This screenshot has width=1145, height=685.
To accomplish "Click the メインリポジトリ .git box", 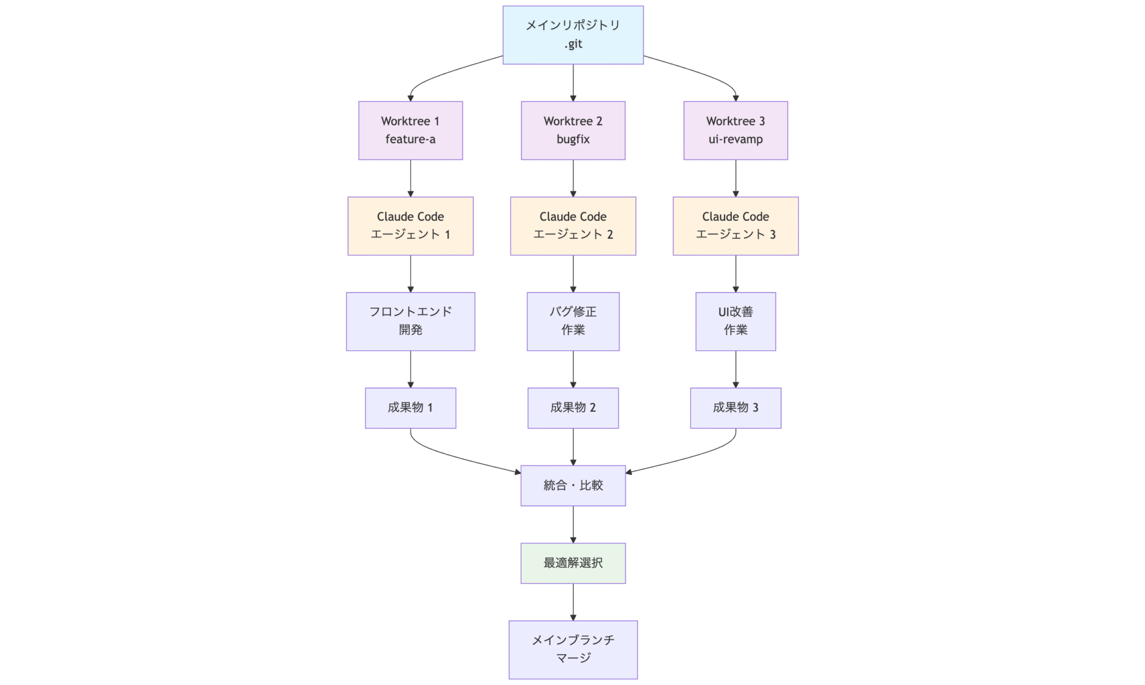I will pos(573,35).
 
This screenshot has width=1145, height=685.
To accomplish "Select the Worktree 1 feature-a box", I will pos(410,130).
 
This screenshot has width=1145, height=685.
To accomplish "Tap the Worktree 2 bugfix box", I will pos(573,130).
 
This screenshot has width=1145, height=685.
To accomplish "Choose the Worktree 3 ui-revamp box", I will pos(735,130).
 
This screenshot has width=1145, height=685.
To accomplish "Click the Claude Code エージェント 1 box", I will pos(410,226).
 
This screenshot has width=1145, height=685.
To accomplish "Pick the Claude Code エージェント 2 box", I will pos(573,226).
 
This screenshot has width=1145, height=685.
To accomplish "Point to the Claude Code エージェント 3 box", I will pos(735,226).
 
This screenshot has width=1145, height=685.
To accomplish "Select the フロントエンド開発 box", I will pos(410,321).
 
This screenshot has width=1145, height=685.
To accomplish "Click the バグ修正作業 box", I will pos(573,321).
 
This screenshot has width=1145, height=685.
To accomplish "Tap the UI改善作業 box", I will pos(735,321).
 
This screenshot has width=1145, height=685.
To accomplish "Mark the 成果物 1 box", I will pos(410,408).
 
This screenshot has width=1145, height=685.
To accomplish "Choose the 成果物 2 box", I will pos(573,408).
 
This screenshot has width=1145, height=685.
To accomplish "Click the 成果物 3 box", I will pos(735,408).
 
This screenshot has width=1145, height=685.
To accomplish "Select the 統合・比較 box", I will pos(573,486).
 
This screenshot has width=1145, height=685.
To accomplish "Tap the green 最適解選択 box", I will pos(573,563).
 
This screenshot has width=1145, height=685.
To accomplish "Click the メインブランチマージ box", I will pos(573,649).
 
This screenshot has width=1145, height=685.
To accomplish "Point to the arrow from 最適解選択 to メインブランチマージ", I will pos(573,602).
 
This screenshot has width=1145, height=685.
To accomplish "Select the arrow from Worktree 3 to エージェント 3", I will pos(735,178).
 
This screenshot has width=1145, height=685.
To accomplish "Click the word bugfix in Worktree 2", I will pos(573,139).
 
